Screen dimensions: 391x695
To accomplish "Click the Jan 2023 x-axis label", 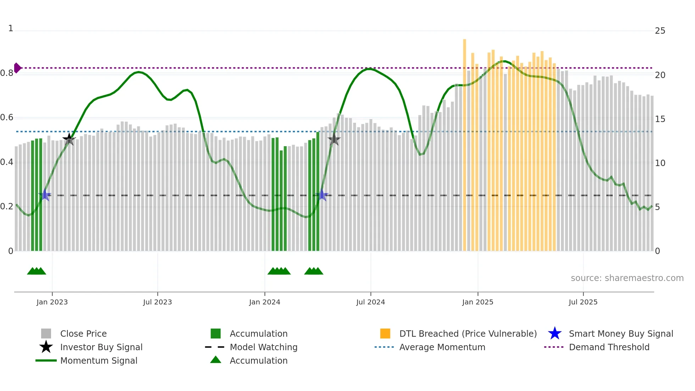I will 52,302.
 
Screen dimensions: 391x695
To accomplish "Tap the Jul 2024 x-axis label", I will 371,302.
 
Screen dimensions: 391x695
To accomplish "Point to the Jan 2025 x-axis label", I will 478,302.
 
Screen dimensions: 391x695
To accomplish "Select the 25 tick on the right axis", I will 660,31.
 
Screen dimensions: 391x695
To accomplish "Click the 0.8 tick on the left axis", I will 7,73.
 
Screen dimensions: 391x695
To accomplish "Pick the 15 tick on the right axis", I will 660,119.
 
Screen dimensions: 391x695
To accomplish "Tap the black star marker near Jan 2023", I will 69,139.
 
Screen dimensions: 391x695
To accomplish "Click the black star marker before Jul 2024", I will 334,139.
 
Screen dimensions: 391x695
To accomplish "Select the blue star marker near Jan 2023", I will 45,195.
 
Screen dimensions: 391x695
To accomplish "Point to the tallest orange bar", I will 465,142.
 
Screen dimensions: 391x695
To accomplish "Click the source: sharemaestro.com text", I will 627,278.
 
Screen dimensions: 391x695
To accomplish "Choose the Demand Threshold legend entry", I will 609,347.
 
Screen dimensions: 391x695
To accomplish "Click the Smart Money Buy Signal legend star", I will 555,334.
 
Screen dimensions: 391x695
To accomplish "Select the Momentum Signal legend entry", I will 99,360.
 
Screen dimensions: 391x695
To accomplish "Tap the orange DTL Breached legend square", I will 385,334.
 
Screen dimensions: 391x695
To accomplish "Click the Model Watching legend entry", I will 263,347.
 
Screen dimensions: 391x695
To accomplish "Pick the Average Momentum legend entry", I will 442,347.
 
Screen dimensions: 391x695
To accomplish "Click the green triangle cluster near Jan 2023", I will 37,271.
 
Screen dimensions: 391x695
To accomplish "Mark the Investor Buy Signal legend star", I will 46,347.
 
